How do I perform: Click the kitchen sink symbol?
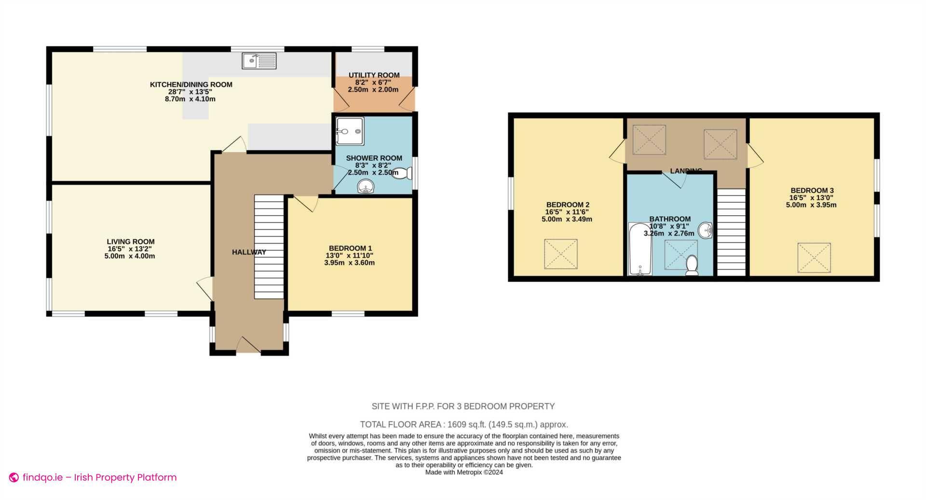click(x=259, y=61)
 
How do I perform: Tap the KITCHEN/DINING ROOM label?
click(x=191, y=84)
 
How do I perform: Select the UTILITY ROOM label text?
click(x=374, y=75)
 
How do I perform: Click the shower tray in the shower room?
click(x=350, y=131)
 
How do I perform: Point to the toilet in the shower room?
click(x=401, y=173)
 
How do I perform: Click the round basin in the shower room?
click(x=366, y=186)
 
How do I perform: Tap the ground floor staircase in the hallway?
click(x=269, y=247)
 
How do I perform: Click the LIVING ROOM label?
click(x=131, y=242)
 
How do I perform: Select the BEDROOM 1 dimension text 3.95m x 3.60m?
click(x=349, y=263)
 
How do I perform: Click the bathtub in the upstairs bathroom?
click(x=640, y=249)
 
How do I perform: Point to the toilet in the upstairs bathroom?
click(x=692, y=265)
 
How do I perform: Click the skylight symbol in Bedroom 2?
click(x=560, y=254)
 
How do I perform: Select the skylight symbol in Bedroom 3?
click(x=814, y=258)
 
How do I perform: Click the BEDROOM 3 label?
click(x=812, y=191)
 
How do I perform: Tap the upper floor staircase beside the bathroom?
click(x=731, y=232)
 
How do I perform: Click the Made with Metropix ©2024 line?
click(x=464, y=472)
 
